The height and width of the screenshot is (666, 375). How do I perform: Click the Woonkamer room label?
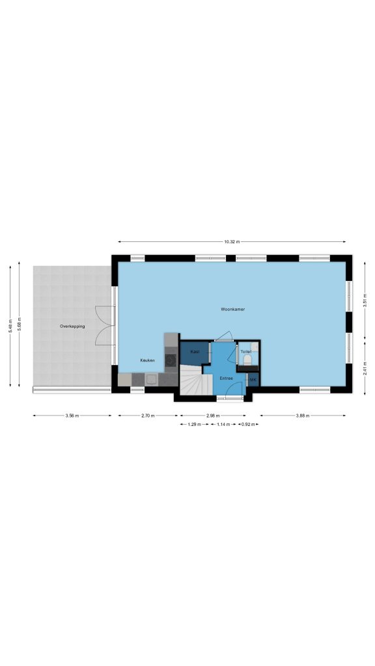[232, 309]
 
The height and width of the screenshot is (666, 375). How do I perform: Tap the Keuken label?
[147, 360]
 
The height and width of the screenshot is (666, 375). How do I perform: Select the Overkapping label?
[72, 326]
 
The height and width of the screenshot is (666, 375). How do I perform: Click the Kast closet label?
[195, 352]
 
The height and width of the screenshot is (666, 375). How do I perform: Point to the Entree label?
[226, 378]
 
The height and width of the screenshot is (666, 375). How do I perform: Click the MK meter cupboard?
[253, 379]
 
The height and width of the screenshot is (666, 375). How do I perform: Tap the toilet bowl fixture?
[247, 360]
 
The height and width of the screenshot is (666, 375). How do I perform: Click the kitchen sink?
[152, 379]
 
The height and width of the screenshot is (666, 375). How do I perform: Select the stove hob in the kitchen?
[171, 360]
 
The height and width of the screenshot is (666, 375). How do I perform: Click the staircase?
[196, 379]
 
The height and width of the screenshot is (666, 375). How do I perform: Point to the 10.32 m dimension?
[232, 242]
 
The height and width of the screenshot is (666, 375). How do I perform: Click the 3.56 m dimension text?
[72, 416]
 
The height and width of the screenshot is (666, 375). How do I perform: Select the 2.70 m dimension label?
[148, 416]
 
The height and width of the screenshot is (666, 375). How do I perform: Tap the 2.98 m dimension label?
[213, 416]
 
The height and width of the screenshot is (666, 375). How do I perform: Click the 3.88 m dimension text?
[303, 416]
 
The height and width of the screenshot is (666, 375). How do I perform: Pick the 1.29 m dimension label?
[194, 424]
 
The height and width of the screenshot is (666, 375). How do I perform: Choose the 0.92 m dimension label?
[248, 424]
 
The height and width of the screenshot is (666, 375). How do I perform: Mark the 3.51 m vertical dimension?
[365, 300]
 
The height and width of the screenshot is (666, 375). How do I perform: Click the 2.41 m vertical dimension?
[365, 368]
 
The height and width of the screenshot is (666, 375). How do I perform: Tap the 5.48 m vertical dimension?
[10, 326]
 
